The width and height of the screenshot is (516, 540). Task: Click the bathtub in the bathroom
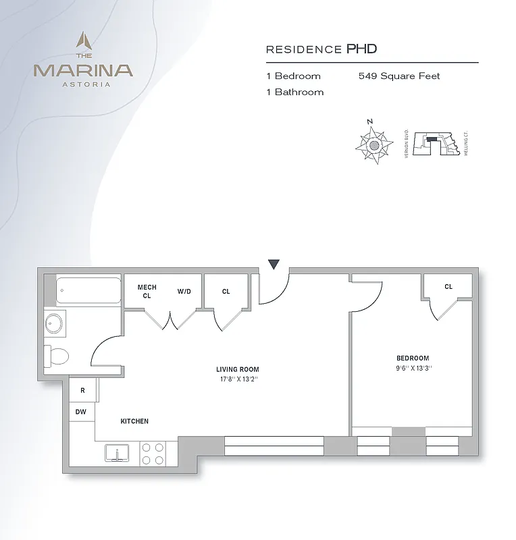coord(88,290)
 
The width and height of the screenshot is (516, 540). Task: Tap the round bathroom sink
coord(55,324)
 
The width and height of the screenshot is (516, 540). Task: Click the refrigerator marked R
coord(82,390)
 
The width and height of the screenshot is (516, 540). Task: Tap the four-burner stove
coord(153,453)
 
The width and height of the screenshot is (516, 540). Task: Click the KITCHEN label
coord(134,421)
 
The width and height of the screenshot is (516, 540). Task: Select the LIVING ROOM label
coord(237,369)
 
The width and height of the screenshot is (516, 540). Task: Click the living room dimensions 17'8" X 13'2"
coord(237,379)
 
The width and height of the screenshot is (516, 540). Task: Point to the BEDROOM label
coord(412,358)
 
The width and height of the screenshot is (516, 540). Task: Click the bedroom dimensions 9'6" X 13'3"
coord(412,368)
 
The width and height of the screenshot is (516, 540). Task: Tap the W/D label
coord(184,292)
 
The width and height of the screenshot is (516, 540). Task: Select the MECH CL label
coord(147,292)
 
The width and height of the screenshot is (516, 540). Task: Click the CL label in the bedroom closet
coord(448,287)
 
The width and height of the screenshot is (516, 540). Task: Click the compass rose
coord(375,143)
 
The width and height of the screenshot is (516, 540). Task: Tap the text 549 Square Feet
coord(399,76)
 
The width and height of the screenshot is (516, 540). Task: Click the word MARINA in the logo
coord(84,69)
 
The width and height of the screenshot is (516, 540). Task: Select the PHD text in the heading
coord(361,49)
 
